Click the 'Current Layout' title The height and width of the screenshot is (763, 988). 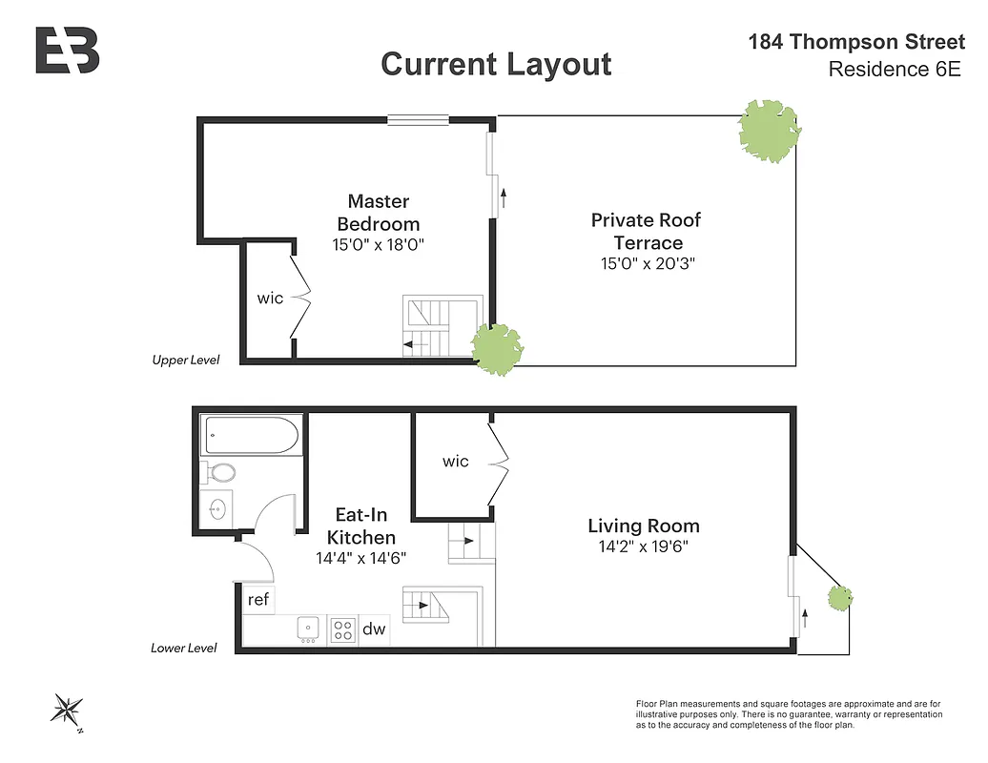(x=496, y=64)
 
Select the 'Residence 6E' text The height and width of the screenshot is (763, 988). (x=894, y=70)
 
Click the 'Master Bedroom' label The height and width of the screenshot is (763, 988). (x=378, y=213)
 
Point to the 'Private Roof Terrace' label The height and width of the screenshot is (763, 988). (x=646, y=231)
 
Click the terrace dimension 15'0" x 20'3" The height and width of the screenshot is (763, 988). (x=646, y=264)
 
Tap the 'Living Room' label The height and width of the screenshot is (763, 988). (x=643, y=526)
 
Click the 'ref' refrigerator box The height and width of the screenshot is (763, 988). (x=257, y=600)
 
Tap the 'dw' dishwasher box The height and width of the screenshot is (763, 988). (x=374, y=629)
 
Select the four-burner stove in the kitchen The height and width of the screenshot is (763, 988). (x=342, y=629)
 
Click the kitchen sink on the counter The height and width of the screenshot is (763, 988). (x=308, y=629)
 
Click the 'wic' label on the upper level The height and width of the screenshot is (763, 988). (x=270, y=299)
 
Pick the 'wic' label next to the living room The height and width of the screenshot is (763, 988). (x=455, y=462)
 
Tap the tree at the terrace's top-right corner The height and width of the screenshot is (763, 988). (x=769, y=131)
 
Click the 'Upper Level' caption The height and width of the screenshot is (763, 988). (x=185, y=361)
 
